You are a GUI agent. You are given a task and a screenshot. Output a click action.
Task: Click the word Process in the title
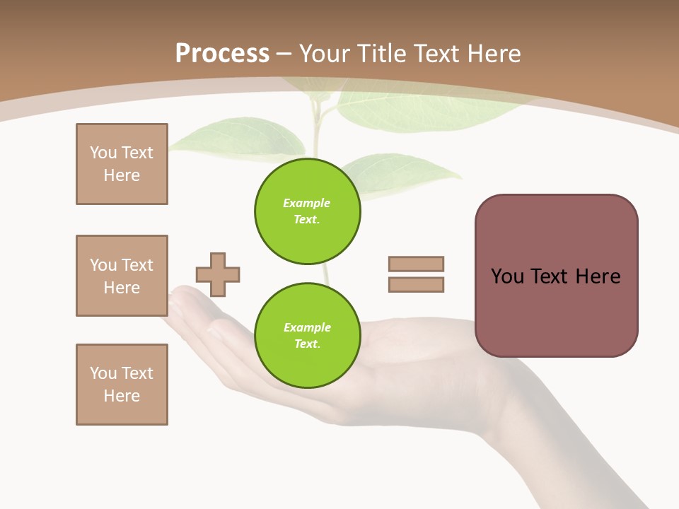[x=222, y=54]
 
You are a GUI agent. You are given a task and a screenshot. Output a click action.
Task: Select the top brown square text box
[x=122, y=164]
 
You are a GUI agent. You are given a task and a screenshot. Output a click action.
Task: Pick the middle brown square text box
[x=122, y=276]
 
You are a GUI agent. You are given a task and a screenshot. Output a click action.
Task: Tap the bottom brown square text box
[x=122, y=385]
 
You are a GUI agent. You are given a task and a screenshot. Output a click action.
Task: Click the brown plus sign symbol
[x=218, y=274]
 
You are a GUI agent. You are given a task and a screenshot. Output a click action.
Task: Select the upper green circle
[x=308, y=211]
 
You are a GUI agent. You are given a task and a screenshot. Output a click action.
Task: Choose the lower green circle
[x=308, y=336]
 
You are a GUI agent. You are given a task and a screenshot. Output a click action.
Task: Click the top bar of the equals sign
[x=416, y=264]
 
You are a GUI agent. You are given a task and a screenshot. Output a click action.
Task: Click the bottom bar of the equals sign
[x=416, y=285]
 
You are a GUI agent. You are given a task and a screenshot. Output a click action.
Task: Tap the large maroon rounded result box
[x=556, y=276]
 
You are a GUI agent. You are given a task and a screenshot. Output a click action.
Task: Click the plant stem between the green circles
[x=324, y=274]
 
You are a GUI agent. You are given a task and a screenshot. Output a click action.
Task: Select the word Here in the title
[x=495, y=54]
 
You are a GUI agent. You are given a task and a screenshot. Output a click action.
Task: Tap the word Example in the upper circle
[x=306, y=203]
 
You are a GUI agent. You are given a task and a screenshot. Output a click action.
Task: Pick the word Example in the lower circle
[x=307, y=327]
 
